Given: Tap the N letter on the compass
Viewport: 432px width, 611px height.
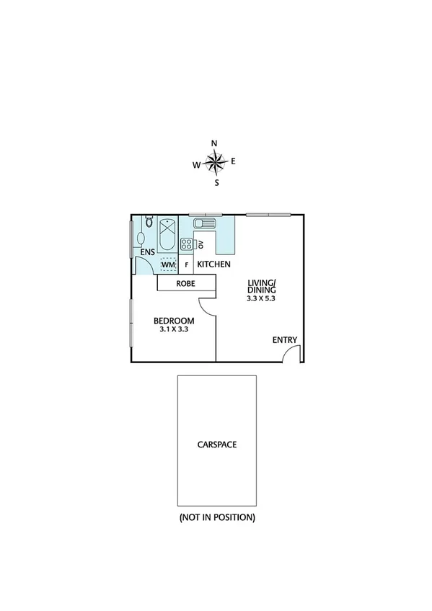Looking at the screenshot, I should [x=214, y=143].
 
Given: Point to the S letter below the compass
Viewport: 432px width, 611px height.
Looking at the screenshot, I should [x=216, y=182].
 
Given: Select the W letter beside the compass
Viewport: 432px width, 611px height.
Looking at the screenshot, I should [x=195, y=165].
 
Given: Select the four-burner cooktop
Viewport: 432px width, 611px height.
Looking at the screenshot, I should [x=186, y=244].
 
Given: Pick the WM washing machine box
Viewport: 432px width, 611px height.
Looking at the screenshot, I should [x=168, y=265].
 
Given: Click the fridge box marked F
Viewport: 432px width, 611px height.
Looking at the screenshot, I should [x=187, y=265].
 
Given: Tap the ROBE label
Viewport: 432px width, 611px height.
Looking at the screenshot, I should [x=187, y=284].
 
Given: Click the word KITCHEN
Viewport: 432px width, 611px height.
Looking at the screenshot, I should [x=214, y=264].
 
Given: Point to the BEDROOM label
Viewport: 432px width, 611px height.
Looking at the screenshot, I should [x=174, y=320].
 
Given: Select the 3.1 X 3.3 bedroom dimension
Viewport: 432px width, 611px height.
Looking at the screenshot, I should [x=174, y=329].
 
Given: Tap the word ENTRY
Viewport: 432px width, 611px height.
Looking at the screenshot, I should [x=285, y=340].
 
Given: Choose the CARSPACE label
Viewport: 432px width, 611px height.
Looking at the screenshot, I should [x=217, y=445].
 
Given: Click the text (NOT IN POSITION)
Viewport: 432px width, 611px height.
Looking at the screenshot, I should [x=217, y=517].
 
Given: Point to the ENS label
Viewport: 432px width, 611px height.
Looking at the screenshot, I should [x=148, y=251].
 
